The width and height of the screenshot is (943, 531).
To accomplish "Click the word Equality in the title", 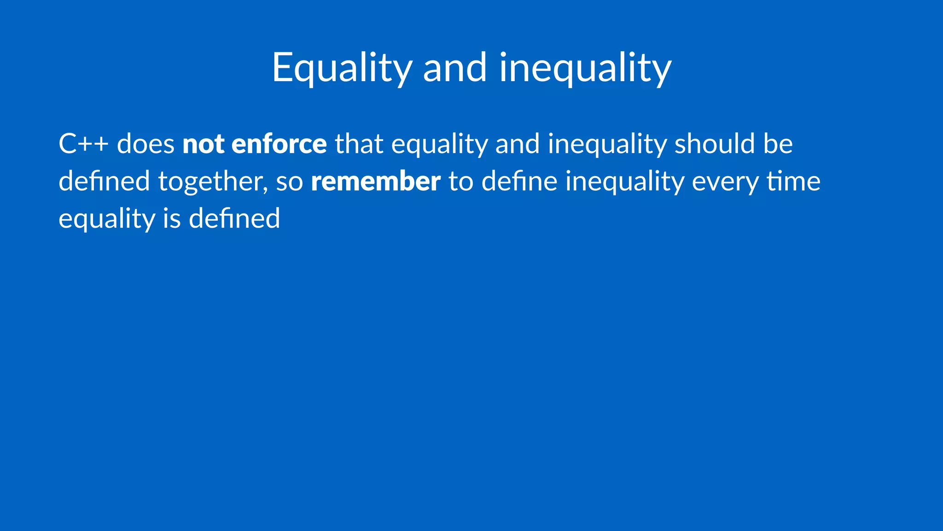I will click(x=342, y=68).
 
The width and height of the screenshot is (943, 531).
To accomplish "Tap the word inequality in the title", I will click(x=585, y=68).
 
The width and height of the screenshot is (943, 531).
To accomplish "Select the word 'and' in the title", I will click(x=454, y=68).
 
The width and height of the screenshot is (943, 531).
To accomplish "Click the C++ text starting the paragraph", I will click(x=83, y=144).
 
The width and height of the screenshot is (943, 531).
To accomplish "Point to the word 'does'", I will click(x=146, y=144).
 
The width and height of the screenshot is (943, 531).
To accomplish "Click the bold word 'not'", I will click(x=203, y=144).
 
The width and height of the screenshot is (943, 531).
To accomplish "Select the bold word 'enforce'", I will click(x=279, y=144).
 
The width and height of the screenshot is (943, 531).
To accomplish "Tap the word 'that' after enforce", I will click(x=359, y=144).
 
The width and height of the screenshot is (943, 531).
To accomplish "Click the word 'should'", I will click(x=715, y=144).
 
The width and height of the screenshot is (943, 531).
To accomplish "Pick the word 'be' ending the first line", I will click(x=778, y=144).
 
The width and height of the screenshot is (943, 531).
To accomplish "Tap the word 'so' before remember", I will click(x=289, y=182).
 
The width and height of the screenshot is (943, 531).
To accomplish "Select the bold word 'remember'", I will click(x=376, y=182).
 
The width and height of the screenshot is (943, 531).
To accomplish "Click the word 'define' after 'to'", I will click(x=519, y=182).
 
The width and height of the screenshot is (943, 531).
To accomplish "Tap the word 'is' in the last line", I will click(x=172, y=218).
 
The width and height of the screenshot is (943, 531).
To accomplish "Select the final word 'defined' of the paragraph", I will click(x=234, y=218).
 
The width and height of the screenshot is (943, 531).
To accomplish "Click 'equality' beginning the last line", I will click(x=107, y=218).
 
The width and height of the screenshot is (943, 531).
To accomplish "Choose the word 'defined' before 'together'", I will click(x=104, y=182).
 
